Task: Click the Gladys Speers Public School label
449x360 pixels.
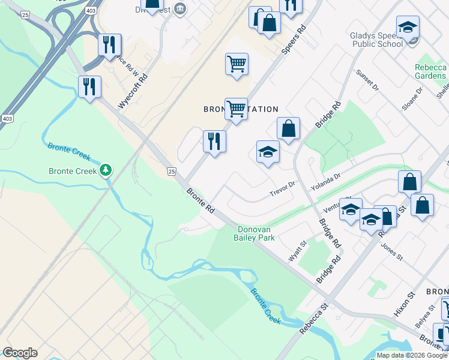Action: pos(376,40)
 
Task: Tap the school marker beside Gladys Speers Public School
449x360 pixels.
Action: pos(408,28)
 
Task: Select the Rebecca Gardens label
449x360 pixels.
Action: pos(430,71)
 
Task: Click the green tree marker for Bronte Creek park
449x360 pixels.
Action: pos(106,171)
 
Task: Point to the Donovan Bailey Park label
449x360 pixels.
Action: pos(256,233)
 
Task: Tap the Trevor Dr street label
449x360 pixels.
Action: pos(283,188)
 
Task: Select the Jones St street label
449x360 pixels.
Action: pos(391,250)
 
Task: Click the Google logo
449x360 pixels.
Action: pos(20,353)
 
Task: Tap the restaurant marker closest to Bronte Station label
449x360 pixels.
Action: pos(214,142)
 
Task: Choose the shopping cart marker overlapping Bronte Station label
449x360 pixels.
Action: pos(236,109)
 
